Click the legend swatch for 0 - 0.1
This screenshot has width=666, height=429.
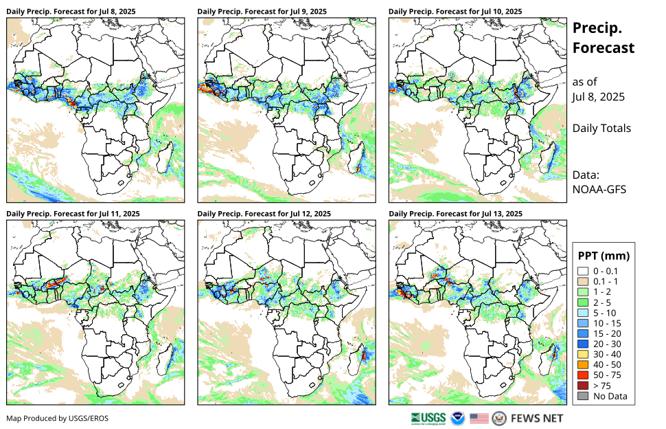click(583, 272)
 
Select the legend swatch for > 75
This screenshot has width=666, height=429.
click(583, 386)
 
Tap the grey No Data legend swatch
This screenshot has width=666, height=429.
click(583, 396)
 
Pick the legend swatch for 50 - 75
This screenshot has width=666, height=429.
click(583, 375)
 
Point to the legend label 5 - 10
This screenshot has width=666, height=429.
click(606, 313)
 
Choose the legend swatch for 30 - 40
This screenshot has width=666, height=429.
click(583, 355)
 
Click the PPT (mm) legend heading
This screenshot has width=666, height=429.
click(604, 256)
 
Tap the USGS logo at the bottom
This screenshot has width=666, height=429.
click(428, 418)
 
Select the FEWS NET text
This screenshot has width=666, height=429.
click(537, 418)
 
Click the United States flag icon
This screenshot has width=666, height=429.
click(479, 418)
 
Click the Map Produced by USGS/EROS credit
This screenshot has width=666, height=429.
click(58, 418)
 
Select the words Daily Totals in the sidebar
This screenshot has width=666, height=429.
click(602, 129)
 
